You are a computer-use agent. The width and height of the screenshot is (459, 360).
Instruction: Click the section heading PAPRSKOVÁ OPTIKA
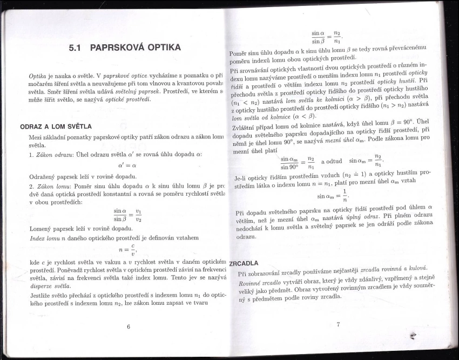click(135, 47)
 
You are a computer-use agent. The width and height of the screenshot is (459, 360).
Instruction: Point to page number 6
click(129, 326)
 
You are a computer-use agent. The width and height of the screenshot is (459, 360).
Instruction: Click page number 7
click(338, 324)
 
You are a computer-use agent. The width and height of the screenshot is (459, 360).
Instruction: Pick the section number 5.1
click(78, 48)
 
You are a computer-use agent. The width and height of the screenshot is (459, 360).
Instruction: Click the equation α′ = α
click(127, 165)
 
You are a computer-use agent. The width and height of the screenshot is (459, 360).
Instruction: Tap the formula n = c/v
click(127, 250)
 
